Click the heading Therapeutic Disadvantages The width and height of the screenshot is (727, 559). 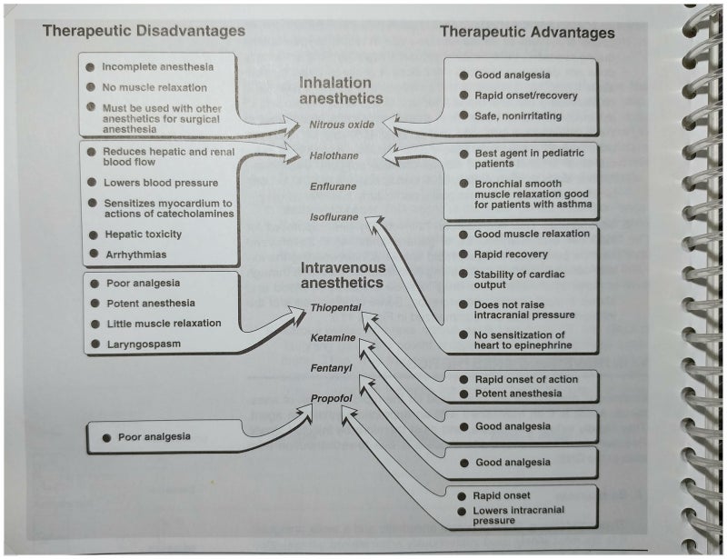pos(144,31)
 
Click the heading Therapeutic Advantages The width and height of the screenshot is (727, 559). pos(527,33)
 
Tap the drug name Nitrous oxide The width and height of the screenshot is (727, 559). pos(341,125)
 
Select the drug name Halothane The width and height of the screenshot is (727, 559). pos(333,156)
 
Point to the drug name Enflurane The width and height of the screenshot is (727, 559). pos(333,186)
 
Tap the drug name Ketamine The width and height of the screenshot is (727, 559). pos(331,337)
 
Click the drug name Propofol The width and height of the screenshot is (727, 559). pos(330,398)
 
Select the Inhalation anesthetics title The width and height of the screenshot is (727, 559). pos(341,90)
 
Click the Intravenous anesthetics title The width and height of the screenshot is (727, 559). pos(344,275)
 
